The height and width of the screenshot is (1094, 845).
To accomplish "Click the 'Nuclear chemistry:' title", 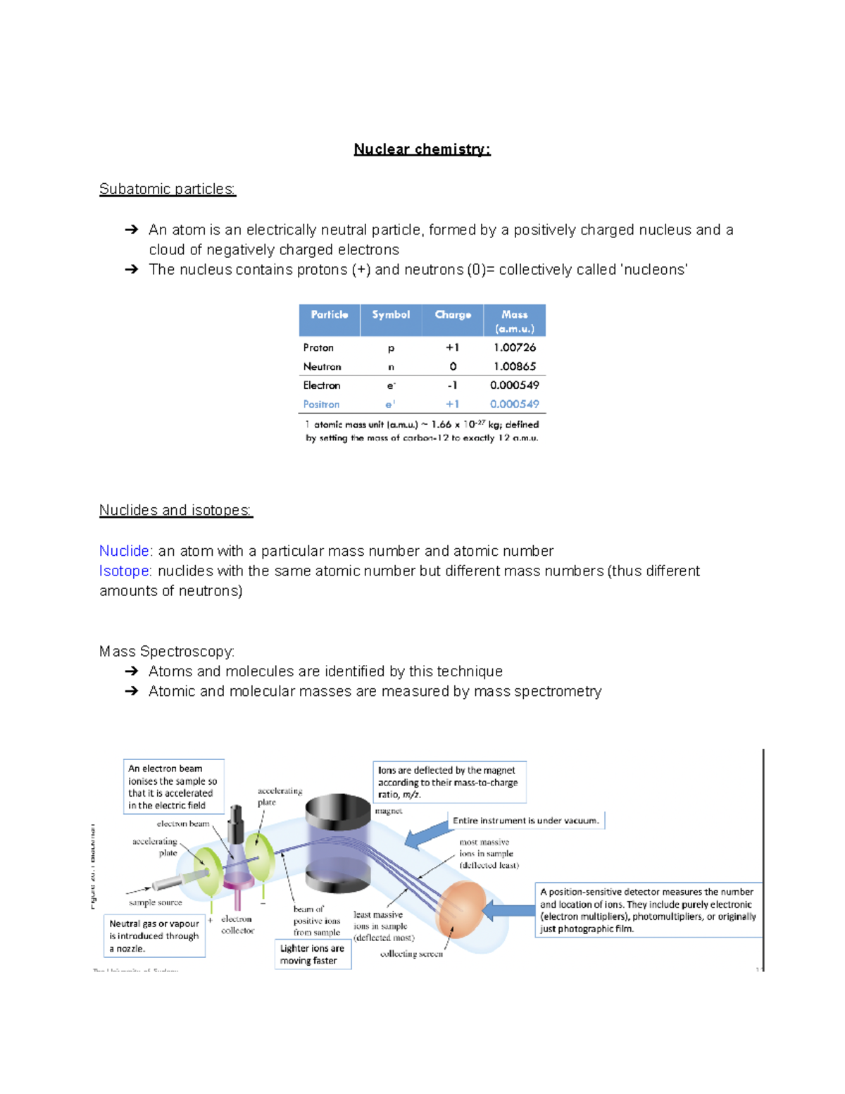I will click(422, 149).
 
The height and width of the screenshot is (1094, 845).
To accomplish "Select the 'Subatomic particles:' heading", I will click(168, 189).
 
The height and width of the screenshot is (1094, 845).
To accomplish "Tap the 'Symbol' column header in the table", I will click(391, 315).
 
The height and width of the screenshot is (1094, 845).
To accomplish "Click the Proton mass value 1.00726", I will click(515, 347).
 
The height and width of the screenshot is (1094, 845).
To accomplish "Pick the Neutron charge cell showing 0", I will click(453, 366).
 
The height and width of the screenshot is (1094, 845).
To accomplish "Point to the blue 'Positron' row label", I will click(321, 404).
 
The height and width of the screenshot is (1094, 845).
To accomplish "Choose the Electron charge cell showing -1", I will click(453, 385).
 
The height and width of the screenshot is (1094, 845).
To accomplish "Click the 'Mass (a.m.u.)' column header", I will click(515, 321).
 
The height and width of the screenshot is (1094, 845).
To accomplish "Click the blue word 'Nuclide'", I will click(124, 551).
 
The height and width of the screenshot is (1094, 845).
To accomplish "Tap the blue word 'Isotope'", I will click(124, 571).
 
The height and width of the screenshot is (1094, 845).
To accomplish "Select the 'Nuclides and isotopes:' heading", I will click(175, 510).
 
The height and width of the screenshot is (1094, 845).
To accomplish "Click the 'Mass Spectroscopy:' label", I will click(167, 652).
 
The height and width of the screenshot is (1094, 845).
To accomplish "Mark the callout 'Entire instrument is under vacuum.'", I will click(525, 821).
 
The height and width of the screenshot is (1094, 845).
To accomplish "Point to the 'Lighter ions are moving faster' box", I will click(313, 955).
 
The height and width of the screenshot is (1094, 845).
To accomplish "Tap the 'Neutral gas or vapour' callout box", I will click(155, 936).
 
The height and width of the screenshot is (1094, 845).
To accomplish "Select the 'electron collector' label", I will click(237, 924).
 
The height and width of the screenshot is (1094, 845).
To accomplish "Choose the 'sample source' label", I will click(155, 902).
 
